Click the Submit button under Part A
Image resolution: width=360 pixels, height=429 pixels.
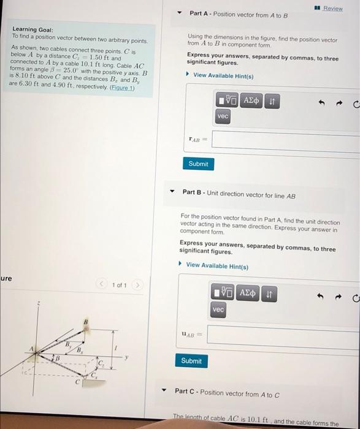[x=198, y=164]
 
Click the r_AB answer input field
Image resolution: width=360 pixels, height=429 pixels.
[x=286, y=140]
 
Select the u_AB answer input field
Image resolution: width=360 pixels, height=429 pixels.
[x=283, y=336]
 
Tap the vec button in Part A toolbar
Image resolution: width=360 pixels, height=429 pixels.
[x=223, y=116]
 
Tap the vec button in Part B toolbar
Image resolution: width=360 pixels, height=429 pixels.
[x=218, y=311]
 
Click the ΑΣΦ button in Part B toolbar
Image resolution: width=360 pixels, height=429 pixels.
[x=247, y=294]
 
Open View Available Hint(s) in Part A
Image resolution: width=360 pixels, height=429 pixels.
[x=223, y=75]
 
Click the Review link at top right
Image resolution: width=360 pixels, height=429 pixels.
[x=333, y=9]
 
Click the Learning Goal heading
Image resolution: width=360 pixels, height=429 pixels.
[x=33, y=29]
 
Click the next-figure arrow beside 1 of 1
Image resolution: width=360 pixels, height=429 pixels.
[x=139, y=285]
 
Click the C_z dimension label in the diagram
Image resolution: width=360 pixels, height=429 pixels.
[x=102, y=366]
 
